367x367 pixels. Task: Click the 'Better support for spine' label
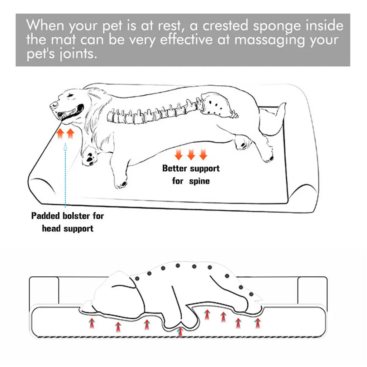191,174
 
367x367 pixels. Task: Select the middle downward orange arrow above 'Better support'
191,155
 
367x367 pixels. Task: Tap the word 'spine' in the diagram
200,181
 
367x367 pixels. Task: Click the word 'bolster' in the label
76,216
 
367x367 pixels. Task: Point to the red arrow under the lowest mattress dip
180,332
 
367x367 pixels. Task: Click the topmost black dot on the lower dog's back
177,266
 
